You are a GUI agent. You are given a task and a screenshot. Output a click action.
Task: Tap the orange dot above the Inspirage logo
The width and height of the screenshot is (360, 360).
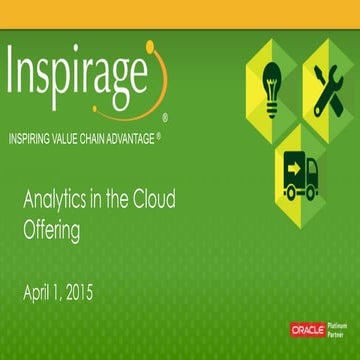(150, 45)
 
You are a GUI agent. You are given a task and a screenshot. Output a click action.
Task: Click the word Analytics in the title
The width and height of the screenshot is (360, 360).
(53, 200)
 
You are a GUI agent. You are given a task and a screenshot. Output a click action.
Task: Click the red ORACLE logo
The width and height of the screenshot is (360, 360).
(307, 329)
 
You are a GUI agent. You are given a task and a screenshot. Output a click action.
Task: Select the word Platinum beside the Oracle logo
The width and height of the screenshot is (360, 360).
(339, 324)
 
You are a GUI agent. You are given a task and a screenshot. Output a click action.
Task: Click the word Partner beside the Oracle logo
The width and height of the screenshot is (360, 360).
(338, 334)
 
